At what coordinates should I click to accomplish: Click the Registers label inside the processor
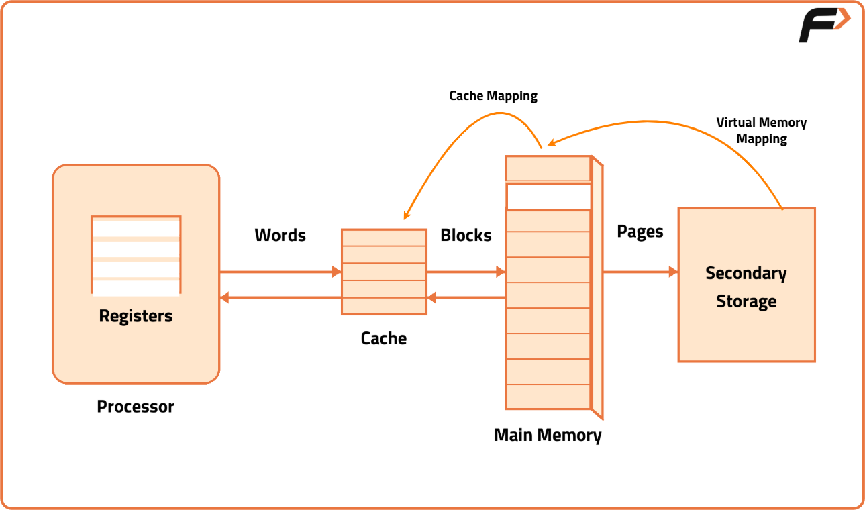(x=136, y=315)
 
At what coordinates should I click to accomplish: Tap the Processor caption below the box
(x=136, y=407)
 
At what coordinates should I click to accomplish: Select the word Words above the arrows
(x=280, y=235)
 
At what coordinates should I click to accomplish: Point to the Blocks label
(x=466, y=235)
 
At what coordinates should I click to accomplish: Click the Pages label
(x=640, y=232)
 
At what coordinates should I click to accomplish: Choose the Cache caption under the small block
(x=384, y=338)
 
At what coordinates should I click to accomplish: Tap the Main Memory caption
(x=548, y=435)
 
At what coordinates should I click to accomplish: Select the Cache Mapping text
(x=493, y=96)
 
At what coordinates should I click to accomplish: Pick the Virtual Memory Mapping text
(x=762, y=131)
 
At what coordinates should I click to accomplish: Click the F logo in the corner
(x=823, y=26)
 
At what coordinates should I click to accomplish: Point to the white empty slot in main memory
(x=548, y=196)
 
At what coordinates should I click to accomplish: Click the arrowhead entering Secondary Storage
(x=672, y=272)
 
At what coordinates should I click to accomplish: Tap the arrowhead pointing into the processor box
(x=225, y=297)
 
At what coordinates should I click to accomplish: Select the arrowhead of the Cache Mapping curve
(x=406, y=215)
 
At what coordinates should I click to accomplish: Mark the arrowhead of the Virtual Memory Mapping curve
(x=552, y=142)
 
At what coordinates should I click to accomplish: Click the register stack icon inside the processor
(x=136, y=255)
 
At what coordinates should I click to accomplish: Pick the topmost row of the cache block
(x=384, y=238)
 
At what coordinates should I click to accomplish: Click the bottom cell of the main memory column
(x=548, y=397)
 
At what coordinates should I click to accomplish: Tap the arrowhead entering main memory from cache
(x=500, y=272)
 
